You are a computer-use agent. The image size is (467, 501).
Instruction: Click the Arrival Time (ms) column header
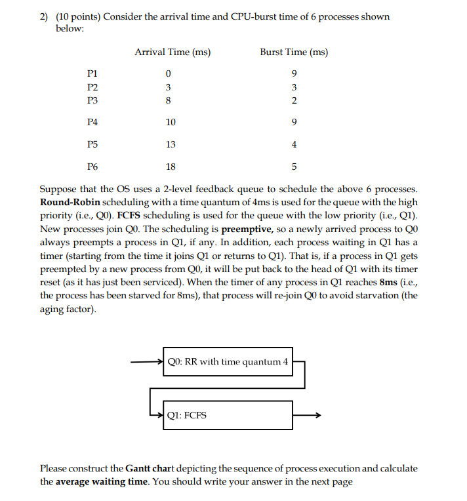pos(172,52)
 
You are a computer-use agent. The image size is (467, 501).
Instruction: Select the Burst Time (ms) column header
pos(294,52)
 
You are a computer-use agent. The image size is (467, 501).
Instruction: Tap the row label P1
pos(92,73)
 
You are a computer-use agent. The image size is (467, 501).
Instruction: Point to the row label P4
pos(92,122)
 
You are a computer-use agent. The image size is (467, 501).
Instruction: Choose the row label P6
pos(92,167)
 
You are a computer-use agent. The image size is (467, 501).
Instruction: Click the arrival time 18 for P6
pos(171,167)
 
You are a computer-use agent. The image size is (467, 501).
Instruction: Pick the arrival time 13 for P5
pos(171,144)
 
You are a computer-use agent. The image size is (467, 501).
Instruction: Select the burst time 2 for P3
pos(294,100)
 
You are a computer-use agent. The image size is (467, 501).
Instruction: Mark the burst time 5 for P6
pos(294,167)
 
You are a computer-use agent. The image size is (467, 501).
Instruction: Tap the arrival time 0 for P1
pos(169,73)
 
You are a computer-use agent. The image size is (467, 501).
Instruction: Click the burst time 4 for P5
pos(294,144)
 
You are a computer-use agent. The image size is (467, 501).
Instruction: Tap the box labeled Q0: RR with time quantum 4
pos(228,361)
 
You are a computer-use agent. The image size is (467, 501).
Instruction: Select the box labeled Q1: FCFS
pos(228,414)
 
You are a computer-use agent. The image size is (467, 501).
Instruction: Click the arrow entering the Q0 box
pos(146,361)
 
